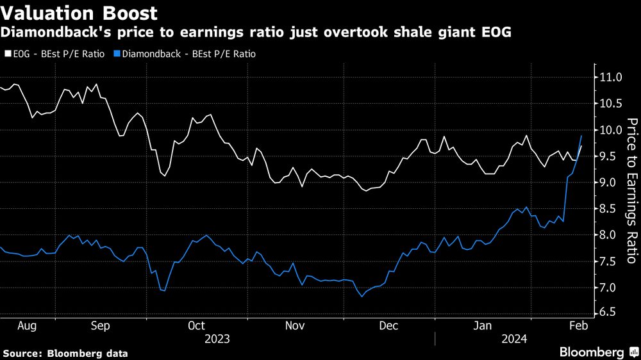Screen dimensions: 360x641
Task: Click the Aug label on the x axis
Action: (27, 325)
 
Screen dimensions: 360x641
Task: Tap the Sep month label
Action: (101, 325)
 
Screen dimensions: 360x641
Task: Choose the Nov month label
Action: (294, 325)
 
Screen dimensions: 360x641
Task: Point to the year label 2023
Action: (217, 338)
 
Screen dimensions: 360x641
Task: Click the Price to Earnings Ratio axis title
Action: (631, 191)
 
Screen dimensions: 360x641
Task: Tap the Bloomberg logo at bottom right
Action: (593, 352)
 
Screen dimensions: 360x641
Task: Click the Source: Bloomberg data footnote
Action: (65, 353)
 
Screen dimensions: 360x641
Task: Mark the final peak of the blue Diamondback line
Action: (581, 136)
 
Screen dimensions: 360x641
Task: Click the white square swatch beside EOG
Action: (7, 54)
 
